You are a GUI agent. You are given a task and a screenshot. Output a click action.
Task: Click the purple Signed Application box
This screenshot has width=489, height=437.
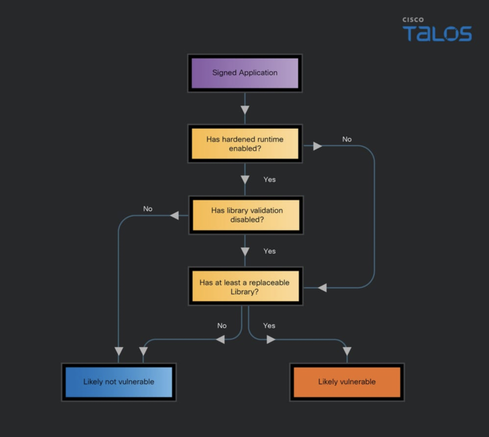[x=245, y=73]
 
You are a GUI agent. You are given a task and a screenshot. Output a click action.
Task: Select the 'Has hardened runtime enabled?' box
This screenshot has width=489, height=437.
[x=245, y=144]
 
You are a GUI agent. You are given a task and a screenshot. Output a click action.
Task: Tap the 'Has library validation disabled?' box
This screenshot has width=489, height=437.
[x=246, y=215]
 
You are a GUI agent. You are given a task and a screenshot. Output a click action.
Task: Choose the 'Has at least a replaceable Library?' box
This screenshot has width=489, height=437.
[x=245, y=286]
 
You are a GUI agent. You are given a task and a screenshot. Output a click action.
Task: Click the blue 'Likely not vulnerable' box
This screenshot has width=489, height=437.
[x=119, y=382]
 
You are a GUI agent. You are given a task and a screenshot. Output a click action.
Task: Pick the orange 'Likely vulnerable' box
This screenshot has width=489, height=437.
[x=347, y=382]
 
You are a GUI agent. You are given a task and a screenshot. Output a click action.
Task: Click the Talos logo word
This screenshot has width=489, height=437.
[x=437, y=34]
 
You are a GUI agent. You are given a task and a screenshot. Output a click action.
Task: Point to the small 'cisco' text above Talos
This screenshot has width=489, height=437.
[x=413, y=20]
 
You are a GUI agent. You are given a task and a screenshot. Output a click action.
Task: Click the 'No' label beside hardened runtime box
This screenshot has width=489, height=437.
[x=347, y=139]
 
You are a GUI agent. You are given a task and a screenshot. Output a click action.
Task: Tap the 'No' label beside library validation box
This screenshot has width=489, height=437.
[x=148, y=209]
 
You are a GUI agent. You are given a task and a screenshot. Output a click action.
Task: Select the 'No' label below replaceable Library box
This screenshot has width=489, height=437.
[x=222, y=326]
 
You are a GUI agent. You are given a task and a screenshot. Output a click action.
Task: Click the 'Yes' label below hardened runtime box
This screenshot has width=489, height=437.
[x=270, y=179]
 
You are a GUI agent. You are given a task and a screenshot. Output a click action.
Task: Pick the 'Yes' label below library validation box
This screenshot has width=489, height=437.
[x=270, y=252]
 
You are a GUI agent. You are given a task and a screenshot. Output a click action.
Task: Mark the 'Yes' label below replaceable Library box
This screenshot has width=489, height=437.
[x=269, y=326]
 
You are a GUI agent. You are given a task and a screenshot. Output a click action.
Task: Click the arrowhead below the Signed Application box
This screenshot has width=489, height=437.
[x=245, y=110]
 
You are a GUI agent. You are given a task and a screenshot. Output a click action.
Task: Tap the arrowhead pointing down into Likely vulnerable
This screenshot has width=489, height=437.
[x=347, y=351]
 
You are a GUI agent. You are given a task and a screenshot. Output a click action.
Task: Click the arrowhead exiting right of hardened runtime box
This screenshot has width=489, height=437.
[x=317, y=146]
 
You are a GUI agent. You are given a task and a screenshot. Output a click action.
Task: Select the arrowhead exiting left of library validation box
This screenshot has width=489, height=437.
[x=174, y=215]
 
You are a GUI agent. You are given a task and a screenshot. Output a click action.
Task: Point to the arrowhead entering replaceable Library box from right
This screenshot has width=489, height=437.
[x=322, y=288]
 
